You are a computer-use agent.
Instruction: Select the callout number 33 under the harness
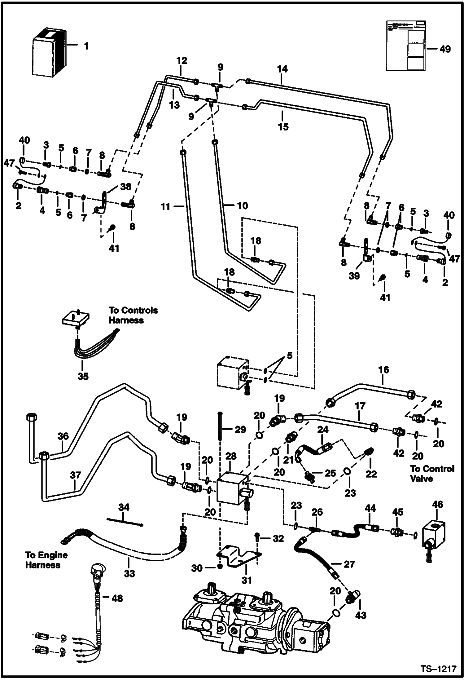click(129, 573)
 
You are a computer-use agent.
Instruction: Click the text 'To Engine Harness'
click(46, 560)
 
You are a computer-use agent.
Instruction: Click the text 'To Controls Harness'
click(133, 315)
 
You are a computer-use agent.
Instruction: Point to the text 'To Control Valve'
click(432, 473)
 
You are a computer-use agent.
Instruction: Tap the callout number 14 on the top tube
click(282, 69)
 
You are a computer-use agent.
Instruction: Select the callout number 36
click(63, 436)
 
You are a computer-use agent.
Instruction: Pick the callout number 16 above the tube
click(383, 370)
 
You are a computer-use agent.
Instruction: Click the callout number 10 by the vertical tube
click(242, 205)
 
